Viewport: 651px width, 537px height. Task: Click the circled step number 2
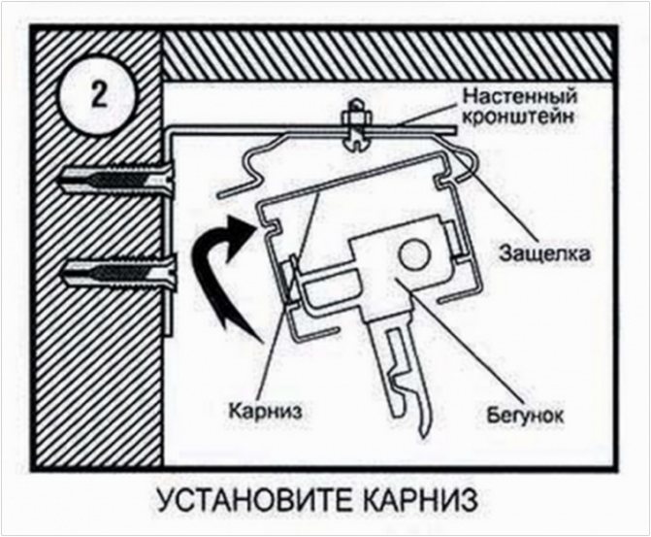coord(99,93)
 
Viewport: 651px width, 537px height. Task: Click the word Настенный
coord(519,97)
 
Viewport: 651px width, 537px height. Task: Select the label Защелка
coord(544,252)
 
